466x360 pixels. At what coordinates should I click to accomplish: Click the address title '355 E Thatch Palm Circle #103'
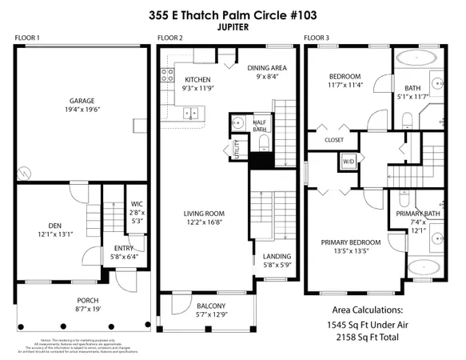point(232,14)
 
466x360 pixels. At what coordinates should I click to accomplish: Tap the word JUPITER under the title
point(232,26)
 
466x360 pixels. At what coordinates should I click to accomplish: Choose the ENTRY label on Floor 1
point(124,249)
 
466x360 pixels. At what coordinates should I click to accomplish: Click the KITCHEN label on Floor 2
point(197,80)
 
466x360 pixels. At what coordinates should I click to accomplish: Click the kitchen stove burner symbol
point(168,76)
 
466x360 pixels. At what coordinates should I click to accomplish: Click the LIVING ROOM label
point(204,214)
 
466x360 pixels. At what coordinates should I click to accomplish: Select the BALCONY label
point(205,306)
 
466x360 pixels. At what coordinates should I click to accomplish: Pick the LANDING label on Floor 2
point(277,256)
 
